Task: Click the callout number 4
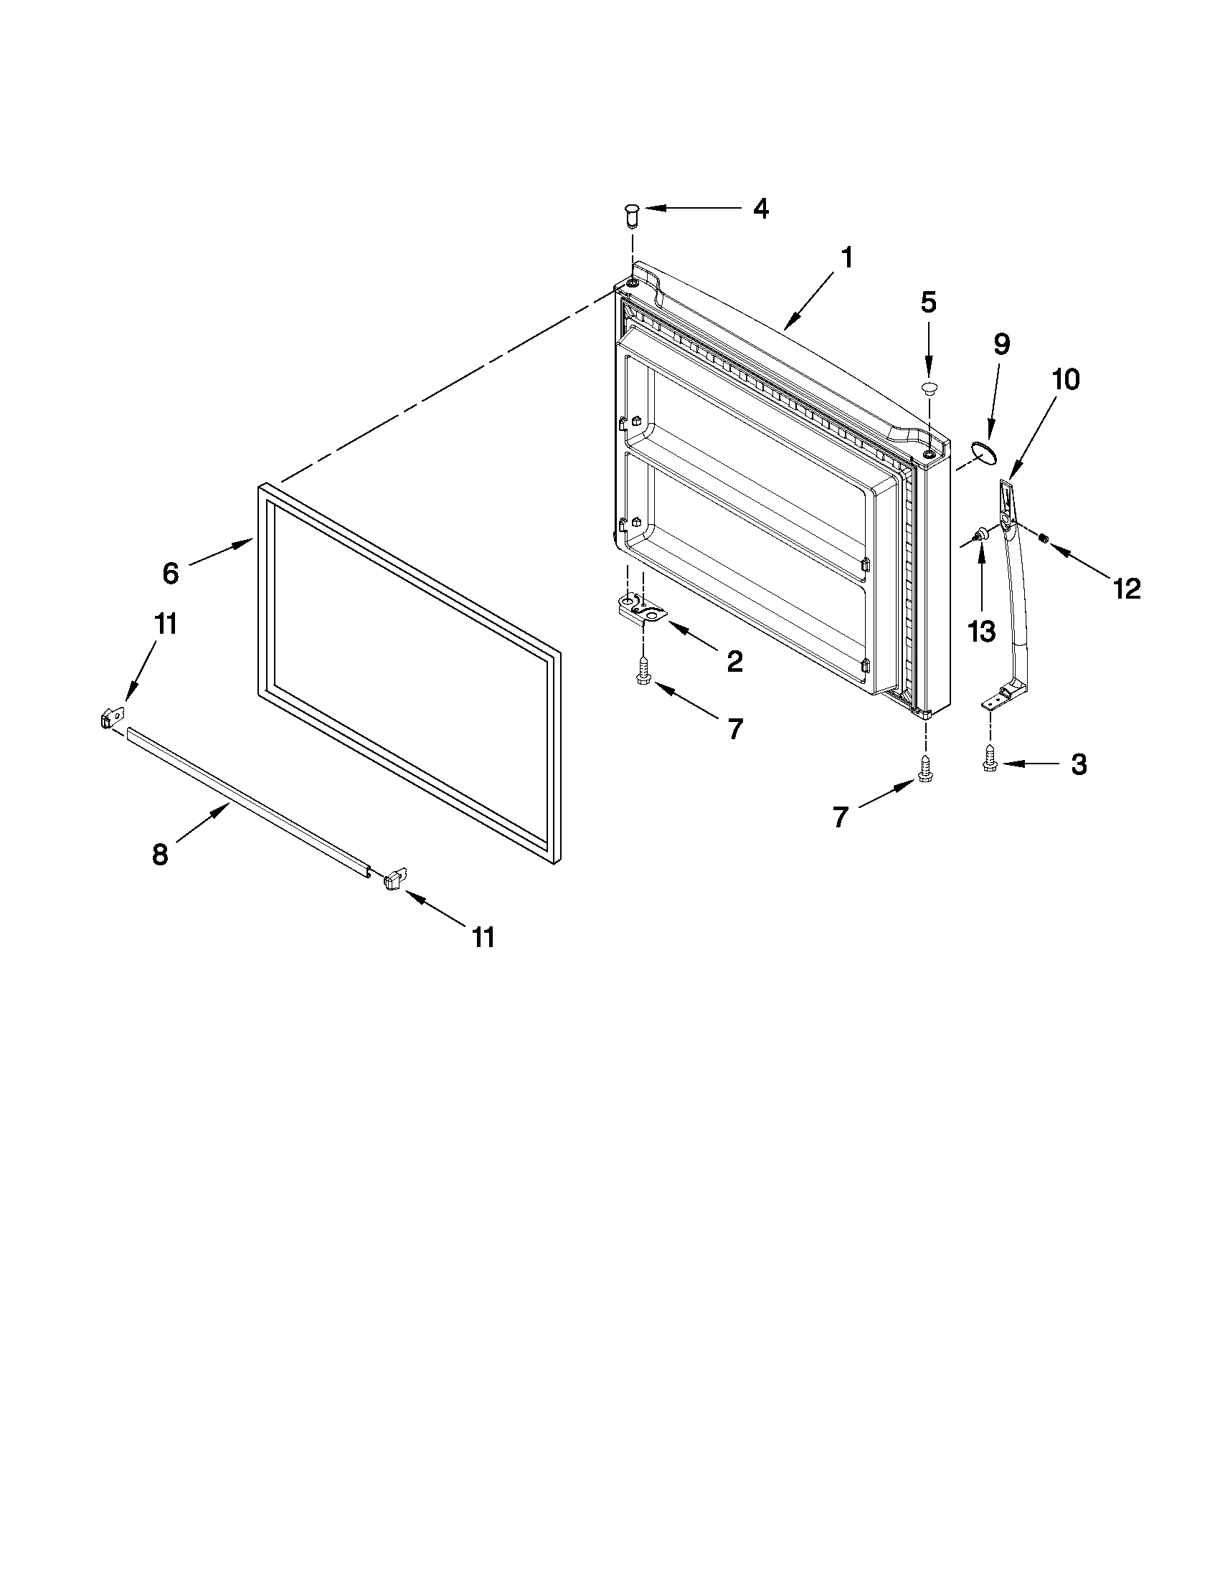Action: click(760, 209)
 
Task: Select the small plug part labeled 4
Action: click(632, 214)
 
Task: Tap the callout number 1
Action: click(846, 259)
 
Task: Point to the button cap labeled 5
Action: click(928, 388)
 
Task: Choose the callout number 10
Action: click(1065, 380)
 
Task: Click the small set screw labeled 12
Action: click(1044, 538)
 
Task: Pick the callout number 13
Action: click(980, 632)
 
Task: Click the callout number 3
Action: click(1078, 764)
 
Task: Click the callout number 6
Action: click(170, 574)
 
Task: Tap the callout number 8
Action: click(160, 855)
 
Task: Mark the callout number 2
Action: click(734, 661)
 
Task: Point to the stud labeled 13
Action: click(980, 535)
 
